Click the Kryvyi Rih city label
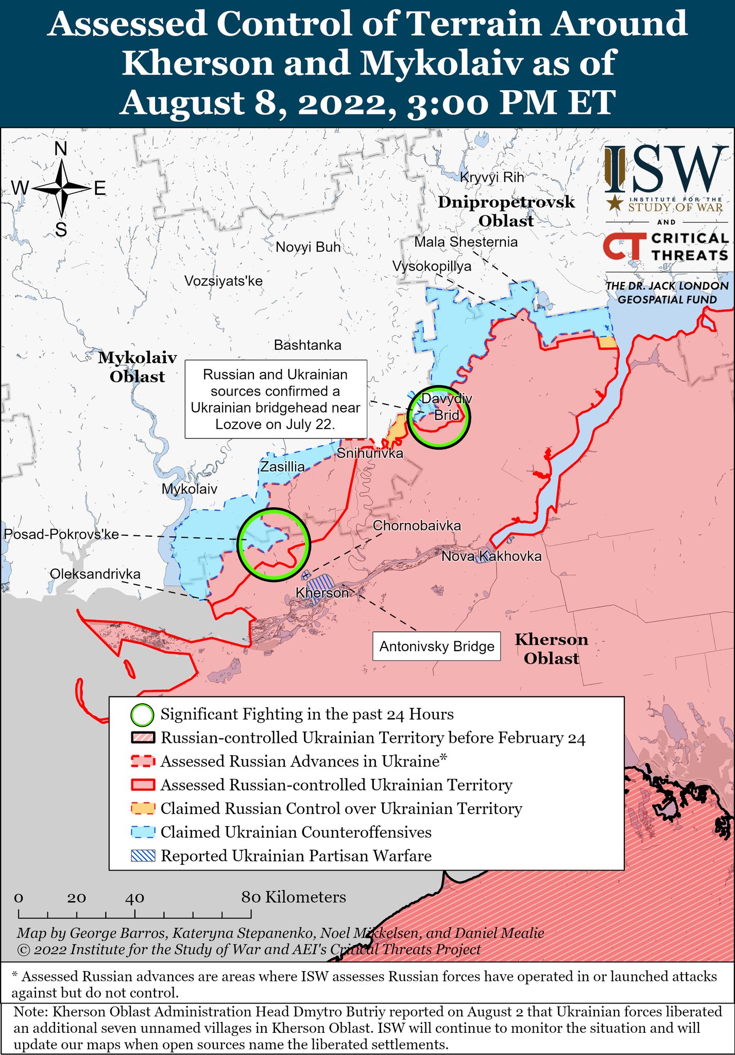click(x=491, y=178)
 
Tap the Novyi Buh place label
click(x=308, y=247)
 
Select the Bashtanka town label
click(x=307, y=345)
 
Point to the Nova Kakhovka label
click(x=491, y=556)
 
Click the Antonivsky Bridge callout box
click(x=436, y=646)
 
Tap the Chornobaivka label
click(x=417, y=526)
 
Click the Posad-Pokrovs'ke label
click(x=61, y=534)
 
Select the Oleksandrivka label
click(x=95, y=574)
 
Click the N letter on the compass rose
click(x=61, y=149)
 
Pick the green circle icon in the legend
click(x=143, y=715)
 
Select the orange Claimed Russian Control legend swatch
click(x=143, y=809)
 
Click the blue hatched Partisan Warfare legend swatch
click(x=143, y=856)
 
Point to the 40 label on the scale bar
click(x=134, y=898)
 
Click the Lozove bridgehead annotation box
click(x=276, y=399)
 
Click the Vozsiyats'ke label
click(x=223, y=281)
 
